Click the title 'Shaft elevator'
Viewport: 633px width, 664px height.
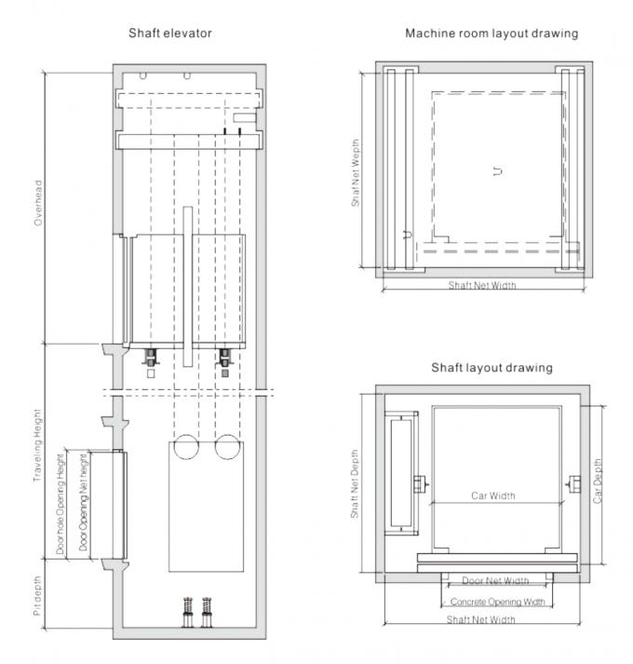[169, 33]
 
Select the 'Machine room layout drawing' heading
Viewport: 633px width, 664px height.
[492, 33]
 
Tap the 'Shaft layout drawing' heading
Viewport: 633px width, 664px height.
[491, 367]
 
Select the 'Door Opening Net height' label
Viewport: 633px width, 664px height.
[83, 503]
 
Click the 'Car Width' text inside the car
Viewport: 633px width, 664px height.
[492, 496]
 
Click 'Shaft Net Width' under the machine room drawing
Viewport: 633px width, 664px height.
[482, 285]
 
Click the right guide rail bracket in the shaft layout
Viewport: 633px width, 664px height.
[573, 483]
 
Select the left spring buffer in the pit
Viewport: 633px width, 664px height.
[188, 613]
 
